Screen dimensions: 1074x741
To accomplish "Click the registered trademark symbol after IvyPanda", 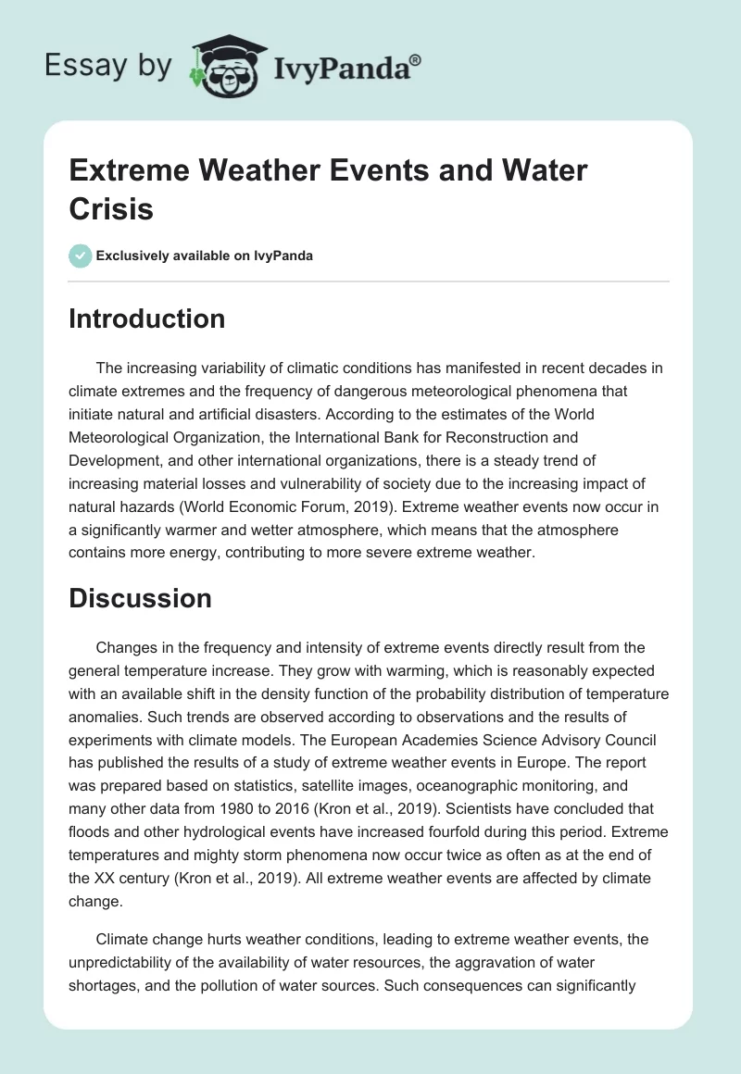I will tap(416, 61).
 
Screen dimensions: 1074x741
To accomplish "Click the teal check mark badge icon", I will tap(81, 256).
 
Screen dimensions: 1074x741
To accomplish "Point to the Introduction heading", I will tap(146, 318).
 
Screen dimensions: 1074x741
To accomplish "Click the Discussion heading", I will tap(140, 598).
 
